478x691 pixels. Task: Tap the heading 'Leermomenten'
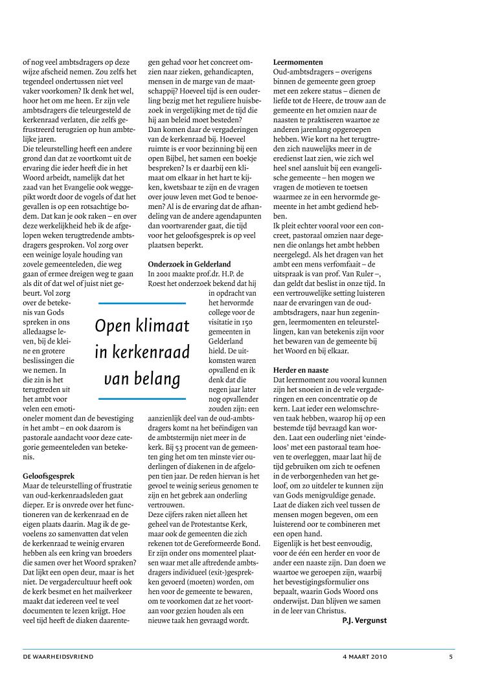[299, 63]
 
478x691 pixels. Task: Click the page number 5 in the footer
[450, 657]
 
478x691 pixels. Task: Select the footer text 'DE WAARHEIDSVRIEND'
[58, 657]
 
